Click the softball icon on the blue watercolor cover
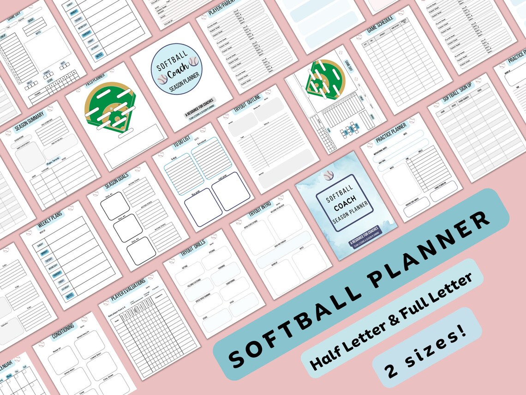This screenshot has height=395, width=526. tap(328, 176)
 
